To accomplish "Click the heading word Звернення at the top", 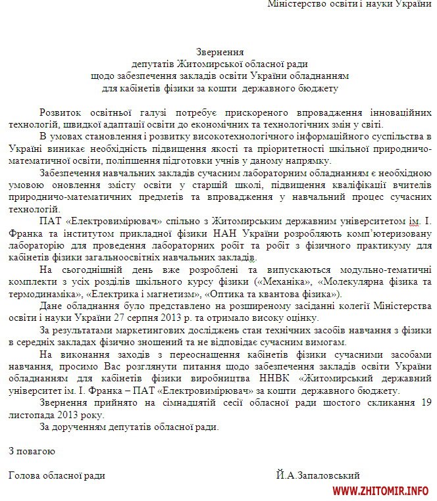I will tap(219, 51).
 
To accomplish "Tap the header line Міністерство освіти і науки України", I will tap(351, 4).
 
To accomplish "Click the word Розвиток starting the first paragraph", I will tap(61, 112).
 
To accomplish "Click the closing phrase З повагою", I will tap(32, 452).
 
